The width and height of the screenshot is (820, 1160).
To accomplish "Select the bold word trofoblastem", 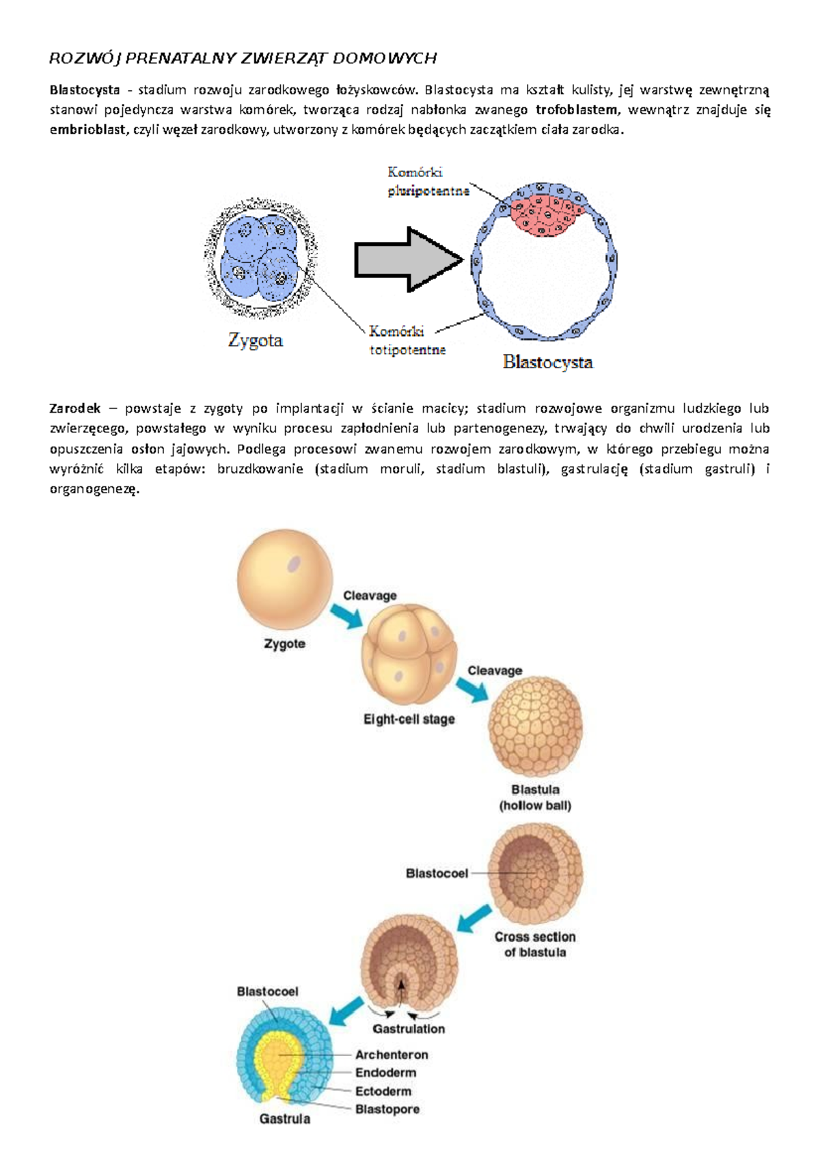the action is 577,110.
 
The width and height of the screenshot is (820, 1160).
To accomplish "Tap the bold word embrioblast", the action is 87,130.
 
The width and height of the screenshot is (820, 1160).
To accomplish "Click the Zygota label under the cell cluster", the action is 256,340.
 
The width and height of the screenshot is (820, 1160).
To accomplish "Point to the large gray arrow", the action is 408,260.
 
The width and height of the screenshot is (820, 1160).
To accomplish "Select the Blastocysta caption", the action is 547,362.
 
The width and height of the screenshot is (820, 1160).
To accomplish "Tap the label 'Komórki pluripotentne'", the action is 428,182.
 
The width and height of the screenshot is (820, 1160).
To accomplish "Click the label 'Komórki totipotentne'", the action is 408,340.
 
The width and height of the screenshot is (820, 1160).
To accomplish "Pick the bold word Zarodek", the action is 75,409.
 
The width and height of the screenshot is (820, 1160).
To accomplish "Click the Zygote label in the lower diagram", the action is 284,644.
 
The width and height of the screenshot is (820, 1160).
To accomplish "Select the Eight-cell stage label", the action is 409,719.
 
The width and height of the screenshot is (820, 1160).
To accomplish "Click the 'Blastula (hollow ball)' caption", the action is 535,797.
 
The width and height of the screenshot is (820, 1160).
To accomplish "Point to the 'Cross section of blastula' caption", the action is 535,945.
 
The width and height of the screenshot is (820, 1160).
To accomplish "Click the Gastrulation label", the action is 409,1028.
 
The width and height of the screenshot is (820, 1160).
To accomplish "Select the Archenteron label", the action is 392,1055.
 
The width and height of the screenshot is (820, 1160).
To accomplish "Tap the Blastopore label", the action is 387,1109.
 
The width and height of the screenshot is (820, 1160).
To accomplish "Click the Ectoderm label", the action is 383,1091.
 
